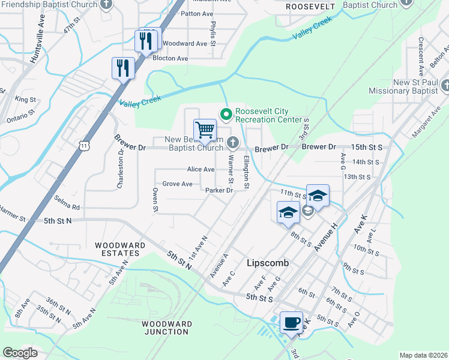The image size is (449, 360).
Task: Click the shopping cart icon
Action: click(x=205, y=130)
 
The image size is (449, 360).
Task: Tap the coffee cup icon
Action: click(x=292, y=322)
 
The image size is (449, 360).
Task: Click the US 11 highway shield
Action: click(x=85, y=145)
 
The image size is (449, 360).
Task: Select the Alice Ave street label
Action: click(x=200, y=170)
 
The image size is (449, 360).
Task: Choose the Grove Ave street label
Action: click(x=177, y=184)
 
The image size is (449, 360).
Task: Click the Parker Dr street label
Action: click(x=219, y=190)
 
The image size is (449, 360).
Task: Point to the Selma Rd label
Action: click(x=67, y=204)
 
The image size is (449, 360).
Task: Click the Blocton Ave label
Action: click(x=170, y=58)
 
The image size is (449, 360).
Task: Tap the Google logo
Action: click(x=20, y=353)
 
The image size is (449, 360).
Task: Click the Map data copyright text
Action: click(x=423, y=355)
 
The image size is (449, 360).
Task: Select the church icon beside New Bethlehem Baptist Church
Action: click(x=232, y=142)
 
